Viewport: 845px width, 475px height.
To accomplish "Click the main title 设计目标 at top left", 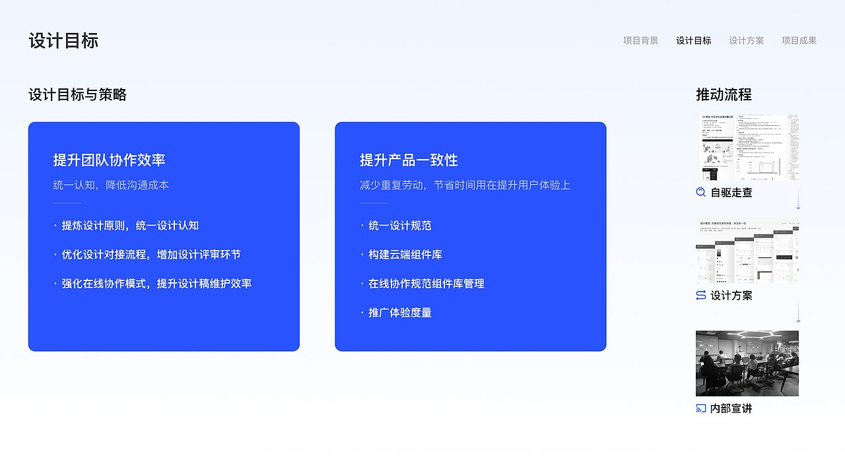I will pos(63,41).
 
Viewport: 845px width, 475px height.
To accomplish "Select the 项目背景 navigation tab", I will pos(640,41).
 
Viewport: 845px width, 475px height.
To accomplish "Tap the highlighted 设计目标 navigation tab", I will pos(693,41).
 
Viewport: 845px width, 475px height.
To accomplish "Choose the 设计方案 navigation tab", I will pos(746,41).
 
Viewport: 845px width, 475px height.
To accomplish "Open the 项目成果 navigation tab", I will pos(799,41).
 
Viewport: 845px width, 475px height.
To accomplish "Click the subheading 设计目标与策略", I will pos(77,95).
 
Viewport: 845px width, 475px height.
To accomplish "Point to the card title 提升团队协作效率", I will pos(109,160).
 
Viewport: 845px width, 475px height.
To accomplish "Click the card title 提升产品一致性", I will pos(409,160).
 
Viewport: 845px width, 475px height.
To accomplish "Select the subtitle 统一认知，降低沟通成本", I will pos(111,185).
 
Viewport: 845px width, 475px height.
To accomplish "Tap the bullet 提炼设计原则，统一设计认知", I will pos(130,226).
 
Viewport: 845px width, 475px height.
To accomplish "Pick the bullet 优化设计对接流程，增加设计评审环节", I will pos(151,255).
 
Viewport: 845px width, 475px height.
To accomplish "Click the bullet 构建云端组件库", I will pos(405,255).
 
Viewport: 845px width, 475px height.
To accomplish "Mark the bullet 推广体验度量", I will pos(399,313).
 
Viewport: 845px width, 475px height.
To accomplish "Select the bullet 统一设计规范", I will pos(399,226).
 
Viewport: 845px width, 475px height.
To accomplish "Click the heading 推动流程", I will pos(724,95).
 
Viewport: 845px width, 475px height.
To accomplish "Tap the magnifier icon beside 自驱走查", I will pos(701,193).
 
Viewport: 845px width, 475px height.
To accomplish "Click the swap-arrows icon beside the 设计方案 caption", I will pos(701,296).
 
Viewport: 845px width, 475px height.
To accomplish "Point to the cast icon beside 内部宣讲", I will pos(701,409).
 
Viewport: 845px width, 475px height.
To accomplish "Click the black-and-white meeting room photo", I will pos(747,364).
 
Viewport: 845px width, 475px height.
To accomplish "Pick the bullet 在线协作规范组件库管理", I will pos(426,284).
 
